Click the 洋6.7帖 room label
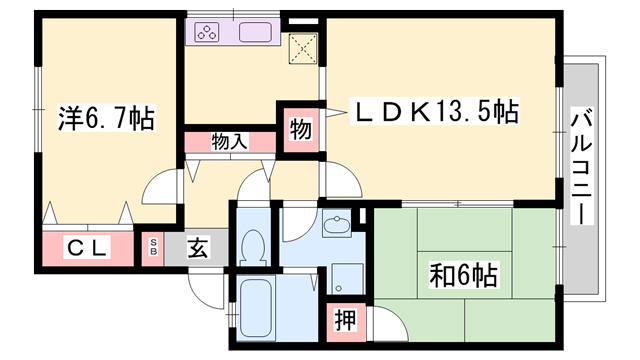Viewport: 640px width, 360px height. click(104, 119)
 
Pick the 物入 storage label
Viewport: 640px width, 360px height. click(229, 141)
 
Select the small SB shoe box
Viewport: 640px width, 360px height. click(153, 247)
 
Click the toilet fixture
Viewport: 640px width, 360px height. click(253, 244)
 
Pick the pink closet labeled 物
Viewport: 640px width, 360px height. click(298, 129)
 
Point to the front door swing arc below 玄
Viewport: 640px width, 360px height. click(205, 291)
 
